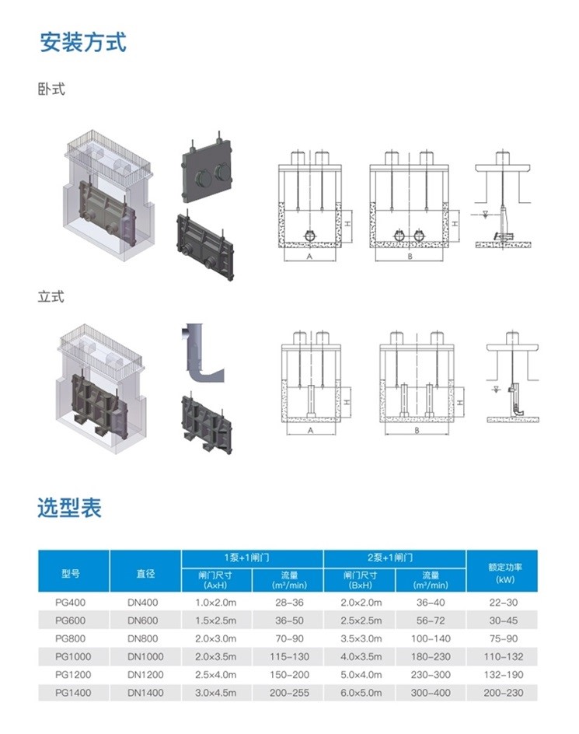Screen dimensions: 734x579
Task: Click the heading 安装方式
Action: pyautogui.click(x=82, y=41)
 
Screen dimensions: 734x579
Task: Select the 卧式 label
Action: pyautogui.click(x=51, y=89)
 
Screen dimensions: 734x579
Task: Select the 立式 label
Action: pyautogui.click(x=51, y=296)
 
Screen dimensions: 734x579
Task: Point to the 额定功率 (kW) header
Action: pyautogui.click(x=504, y=573)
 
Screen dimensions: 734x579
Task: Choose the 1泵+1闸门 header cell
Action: pyautogui.click(x=252, y=557)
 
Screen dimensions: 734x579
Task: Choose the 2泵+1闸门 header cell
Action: pyautogui.click(x=394, y=557)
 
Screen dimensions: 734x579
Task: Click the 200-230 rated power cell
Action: pyautogui.click(x=504, y=693)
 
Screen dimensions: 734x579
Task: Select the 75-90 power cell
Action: pyautogui.click(x=504, y=638)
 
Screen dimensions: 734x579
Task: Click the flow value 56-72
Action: pyautogui.click(x=431, y=620)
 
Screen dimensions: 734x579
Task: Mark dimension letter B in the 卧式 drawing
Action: pyautogui.click(x=409, y=256)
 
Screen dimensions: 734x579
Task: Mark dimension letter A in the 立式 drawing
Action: pyautogui.click(x=310, y=429)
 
